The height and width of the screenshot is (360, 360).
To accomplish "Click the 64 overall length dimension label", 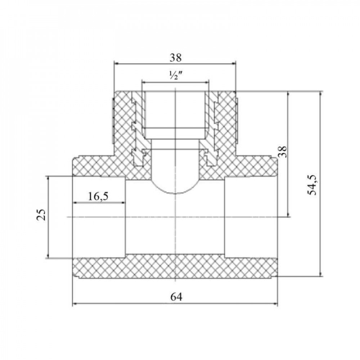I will point(175,297).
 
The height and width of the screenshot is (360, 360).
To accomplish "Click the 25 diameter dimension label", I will point(42,215).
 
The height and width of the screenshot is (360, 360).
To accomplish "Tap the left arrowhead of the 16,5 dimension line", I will point(75,203).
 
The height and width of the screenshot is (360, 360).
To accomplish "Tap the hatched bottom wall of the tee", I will point(175,267).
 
